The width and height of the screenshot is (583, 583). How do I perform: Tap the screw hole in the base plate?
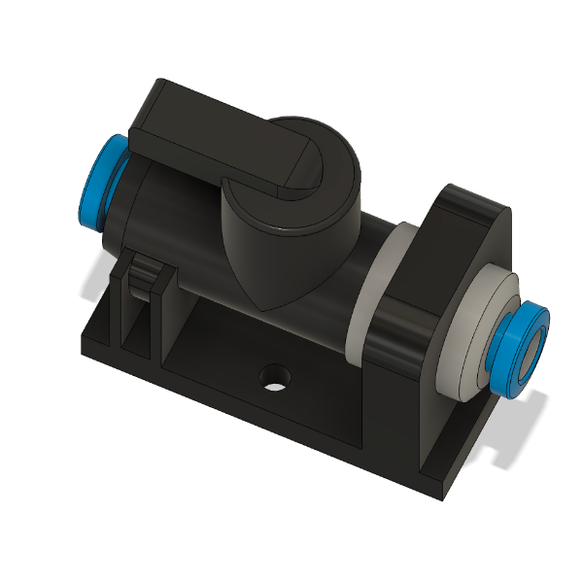tap(276, 377)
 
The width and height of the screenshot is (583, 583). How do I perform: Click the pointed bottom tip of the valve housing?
tap(267, 305)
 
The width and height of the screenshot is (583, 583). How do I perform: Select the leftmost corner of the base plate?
tap(80, 340)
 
